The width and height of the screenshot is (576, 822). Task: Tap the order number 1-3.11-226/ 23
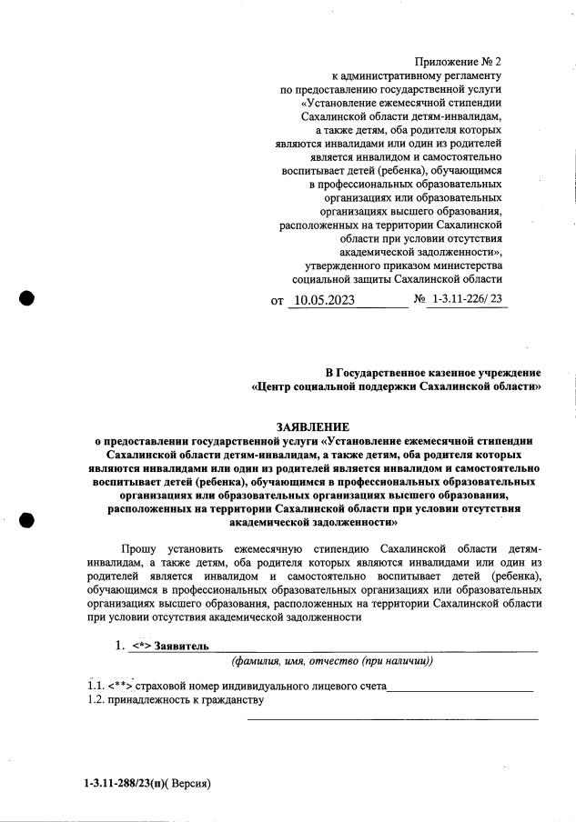467,298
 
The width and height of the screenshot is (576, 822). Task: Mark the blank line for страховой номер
460,690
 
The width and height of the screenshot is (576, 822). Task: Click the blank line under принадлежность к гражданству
393,717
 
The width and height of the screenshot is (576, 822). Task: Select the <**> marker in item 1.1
121,686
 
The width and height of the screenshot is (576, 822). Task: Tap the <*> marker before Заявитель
140,647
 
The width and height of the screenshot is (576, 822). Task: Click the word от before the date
278,300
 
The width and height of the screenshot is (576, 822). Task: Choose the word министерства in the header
460,266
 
